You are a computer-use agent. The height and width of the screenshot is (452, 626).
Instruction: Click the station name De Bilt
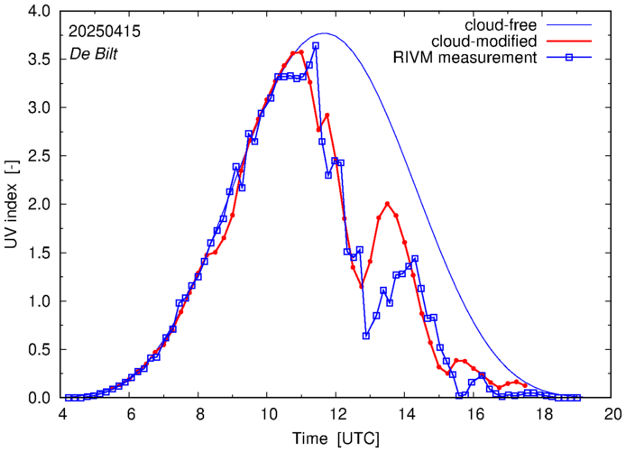coord(94,53)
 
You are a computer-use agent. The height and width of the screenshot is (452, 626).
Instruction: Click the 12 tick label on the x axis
coord(337,415)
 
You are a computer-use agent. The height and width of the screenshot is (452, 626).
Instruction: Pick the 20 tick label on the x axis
coord(613,415)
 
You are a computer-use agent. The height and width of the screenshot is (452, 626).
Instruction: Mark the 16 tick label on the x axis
coord(475,415)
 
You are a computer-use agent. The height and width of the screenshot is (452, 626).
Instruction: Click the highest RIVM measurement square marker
coord(316,46)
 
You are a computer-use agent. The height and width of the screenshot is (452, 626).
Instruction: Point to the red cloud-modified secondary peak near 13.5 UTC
coord(388,204)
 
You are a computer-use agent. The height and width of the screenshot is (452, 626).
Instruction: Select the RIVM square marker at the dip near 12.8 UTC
coord(366,336)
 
